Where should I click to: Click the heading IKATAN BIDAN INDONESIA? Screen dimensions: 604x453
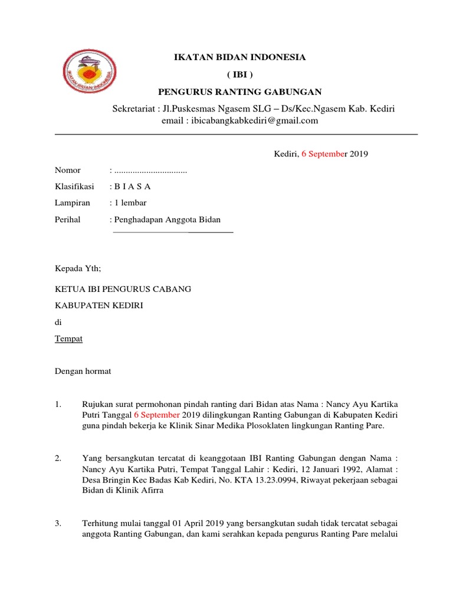[239, 58]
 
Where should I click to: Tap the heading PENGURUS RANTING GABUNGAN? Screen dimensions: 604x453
[239, 91]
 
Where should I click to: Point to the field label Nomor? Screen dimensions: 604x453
[67, 170]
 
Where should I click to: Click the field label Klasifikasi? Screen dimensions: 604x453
[74, 187]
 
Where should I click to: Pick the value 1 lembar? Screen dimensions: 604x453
[130, 203]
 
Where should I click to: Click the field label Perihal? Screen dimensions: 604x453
[68, 220]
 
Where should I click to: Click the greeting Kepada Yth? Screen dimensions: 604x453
[78, 269]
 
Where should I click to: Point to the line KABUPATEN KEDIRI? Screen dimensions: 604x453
[99, 306]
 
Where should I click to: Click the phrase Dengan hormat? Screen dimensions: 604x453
[83, 372]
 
